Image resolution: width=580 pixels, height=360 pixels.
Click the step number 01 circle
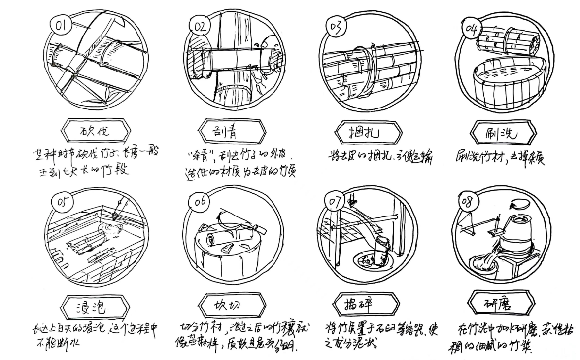click(62, 24)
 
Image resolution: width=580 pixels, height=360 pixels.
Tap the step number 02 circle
click(199, 26)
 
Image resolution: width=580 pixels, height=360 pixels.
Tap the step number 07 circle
click(336, 202)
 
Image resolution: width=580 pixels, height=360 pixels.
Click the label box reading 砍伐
click(96, 131)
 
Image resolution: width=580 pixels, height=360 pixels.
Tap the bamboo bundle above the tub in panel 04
click(505, 39)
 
